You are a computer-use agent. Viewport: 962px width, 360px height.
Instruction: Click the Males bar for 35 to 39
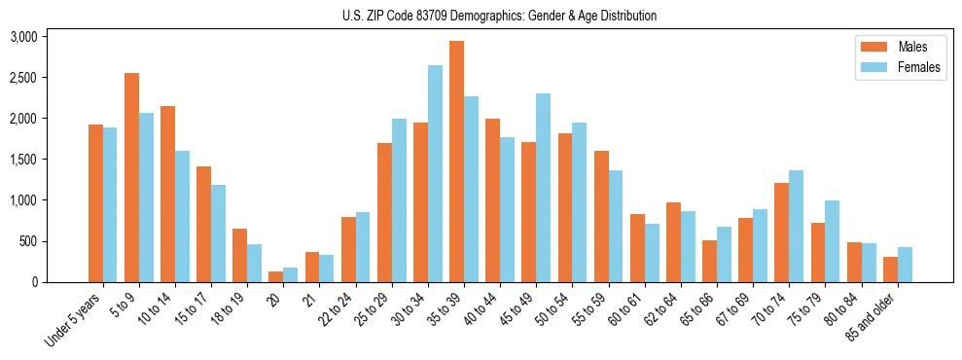(456, 162)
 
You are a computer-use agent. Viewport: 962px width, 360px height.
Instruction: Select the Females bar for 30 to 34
(435, 173)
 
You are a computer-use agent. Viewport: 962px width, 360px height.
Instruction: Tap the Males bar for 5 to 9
(131, 177)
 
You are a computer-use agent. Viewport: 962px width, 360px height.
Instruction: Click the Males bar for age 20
(276, 276)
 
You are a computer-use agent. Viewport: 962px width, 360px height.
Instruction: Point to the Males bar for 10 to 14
(167, 194)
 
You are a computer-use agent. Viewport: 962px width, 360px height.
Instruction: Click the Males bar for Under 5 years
(95, 203)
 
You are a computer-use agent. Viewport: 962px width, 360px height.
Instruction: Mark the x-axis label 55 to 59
(590, 307)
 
